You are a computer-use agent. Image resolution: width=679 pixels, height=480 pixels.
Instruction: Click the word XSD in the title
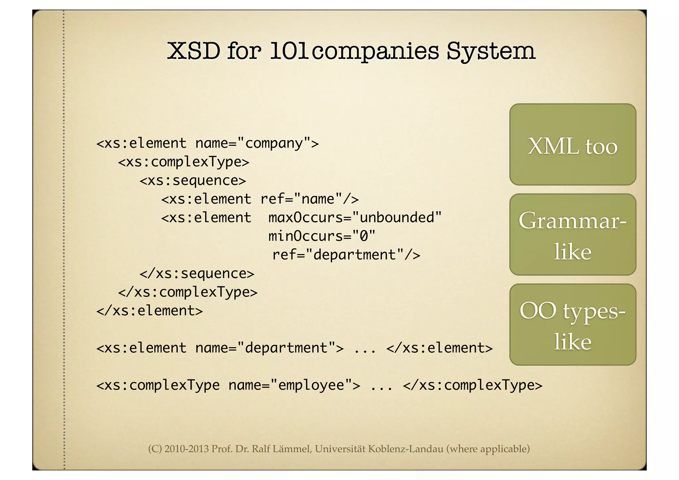pos(193,51)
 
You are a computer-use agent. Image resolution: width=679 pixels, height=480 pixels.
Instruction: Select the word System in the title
pos(491,51)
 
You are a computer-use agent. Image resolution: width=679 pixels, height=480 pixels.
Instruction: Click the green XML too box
pos(573,145)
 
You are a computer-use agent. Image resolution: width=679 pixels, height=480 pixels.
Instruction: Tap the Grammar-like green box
pos(573,235)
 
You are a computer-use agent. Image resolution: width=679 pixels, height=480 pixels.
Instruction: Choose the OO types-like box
pos(573,325)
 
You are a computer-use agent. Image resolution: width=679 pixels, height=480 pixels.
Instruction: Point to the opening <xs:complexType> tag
pos(183,162)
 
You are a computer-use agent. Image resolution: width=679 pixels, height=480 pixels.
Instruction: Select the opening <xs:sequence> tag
pos(193,180)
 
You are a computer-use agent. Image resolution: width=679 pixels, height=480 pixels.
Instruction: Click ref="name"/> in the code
pos(309,199)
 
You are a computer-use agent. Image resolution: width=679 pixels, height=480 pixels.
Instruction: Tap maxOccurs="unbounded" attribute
pos(355,218)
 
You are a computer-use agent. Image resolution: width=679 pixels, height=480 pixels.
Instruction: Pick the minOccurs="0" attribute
pos(322,236)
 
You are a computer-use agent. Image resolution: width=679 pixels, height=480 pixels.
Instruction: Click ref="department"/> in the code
pos(346,255)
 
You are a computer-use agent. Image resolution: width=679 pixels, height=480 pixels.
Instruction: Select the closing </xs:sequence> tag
pos(197,273)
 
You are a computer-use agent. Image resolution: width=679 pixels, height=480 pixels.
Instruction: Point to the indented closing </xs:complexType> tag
pos(188,292)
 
